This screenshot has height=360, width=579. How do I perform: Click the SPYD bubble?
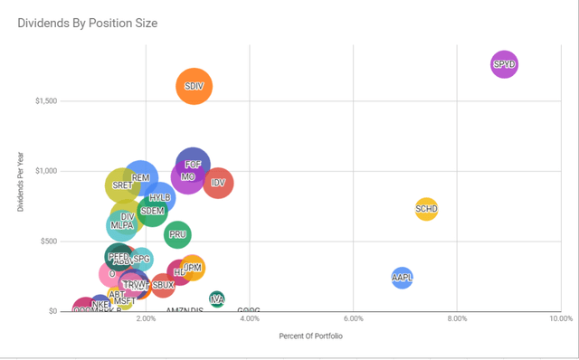504,64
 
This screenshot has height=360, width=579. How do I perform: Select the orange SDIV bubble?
194,87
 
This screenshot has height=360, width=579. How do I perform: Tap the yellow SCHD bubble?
426,210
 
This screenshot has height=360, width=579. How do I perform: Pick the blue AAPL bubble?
403,278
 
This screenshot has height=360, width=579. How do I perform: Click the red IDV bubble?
218,183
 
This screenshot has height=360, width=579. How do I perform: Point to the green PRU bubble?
178,234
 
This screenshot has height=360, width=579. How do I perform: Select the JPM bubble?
193,268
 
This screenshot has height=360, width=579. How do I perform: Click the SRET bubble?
122,185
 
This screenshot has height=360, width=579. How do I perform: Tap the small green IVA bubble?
216,298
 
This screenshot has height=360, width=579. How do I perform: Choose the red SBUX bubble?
163,286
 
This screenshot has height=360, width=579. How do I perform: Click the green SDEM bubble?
152,211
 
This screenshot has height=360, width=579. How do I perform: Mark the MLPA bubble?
122,225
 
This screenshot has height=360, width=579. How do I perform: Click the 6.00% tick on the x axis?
353,318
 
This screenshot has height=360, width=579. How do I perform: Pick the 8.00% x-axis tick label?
457,318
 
